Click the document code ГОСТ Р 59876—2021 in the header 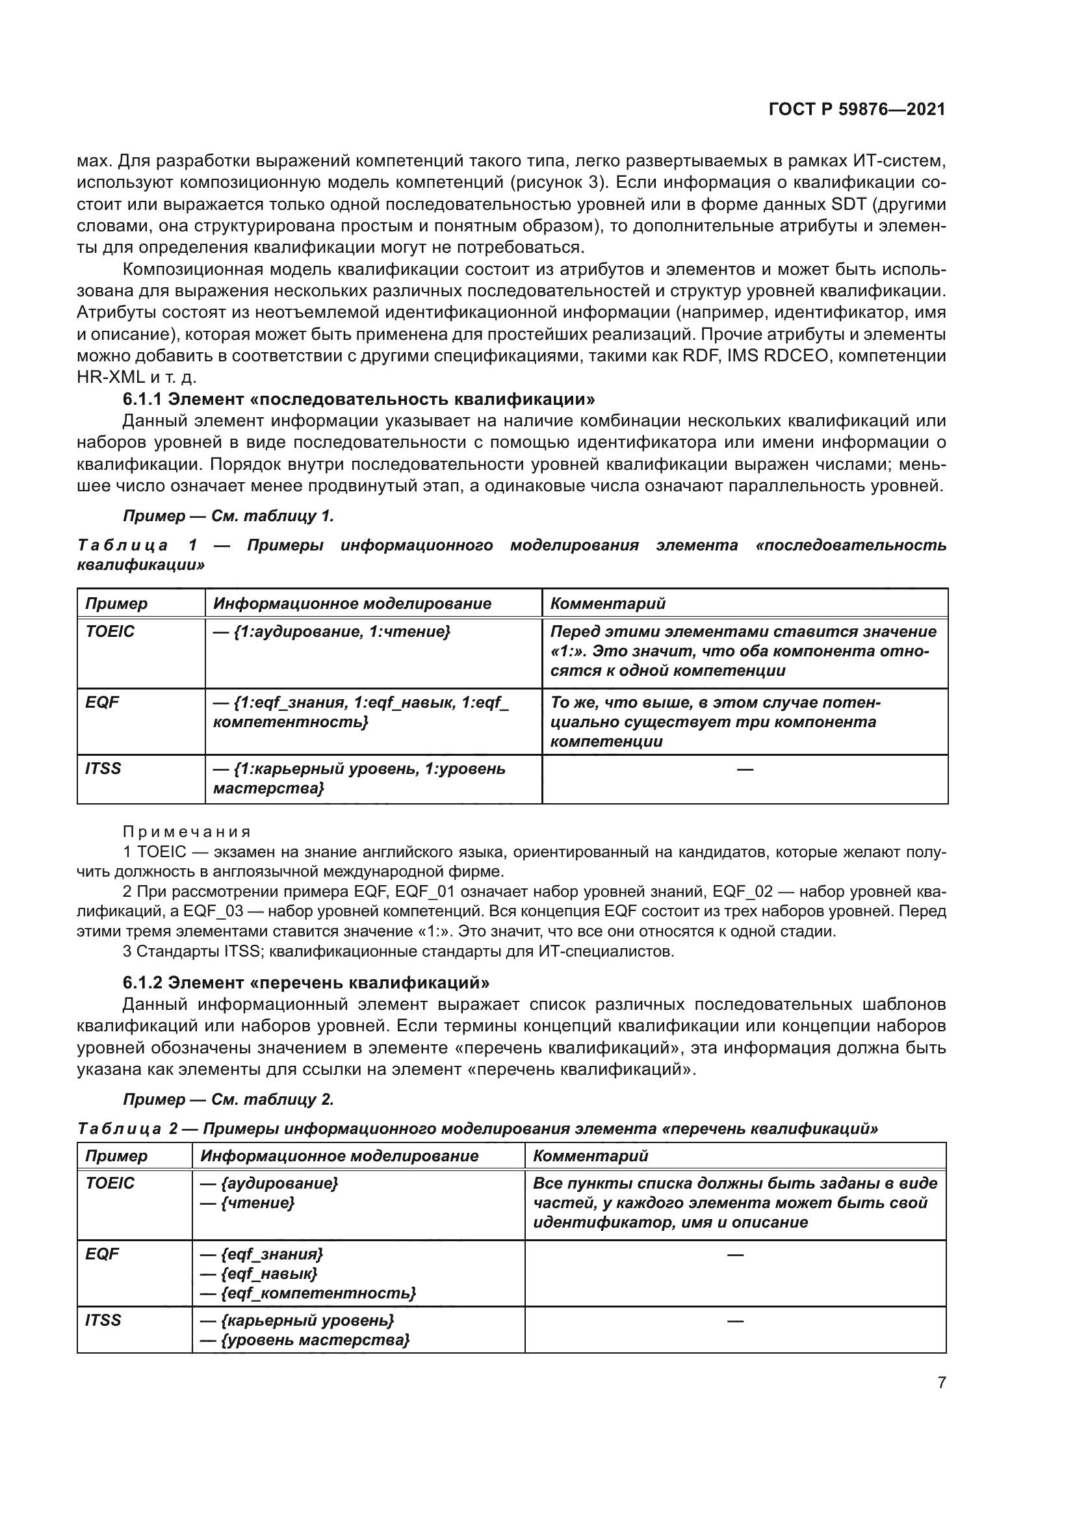click(x=857, y=110)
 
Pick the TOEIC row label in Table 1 click(x=110, y=632)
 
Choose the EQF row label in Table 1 click(x=102, y=702)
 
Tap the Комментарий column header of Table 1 click(x=608, y=603)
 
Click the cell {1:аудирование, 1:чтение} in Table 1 click(x=331, y=632)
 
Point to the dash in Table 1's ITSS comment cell click(x=745, y=769)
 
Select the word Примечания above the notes click(x=187, y=832)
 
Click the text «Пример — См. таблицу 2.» click(x=228, y=1100)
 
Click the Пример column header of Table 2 click(x=116, y=1156)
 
